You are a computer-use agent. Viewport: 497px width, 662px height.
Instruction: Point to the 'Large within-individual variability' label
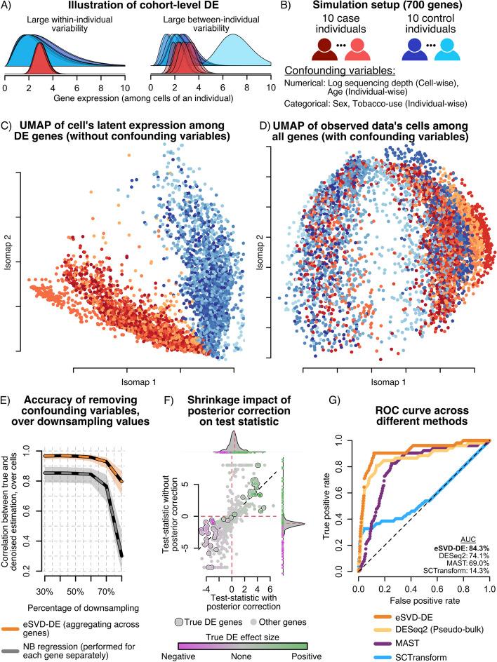click(x=67, y=23)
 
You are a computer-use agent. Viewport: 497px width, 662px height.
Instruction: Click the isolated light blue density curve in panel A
click(x=235, y=53)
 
